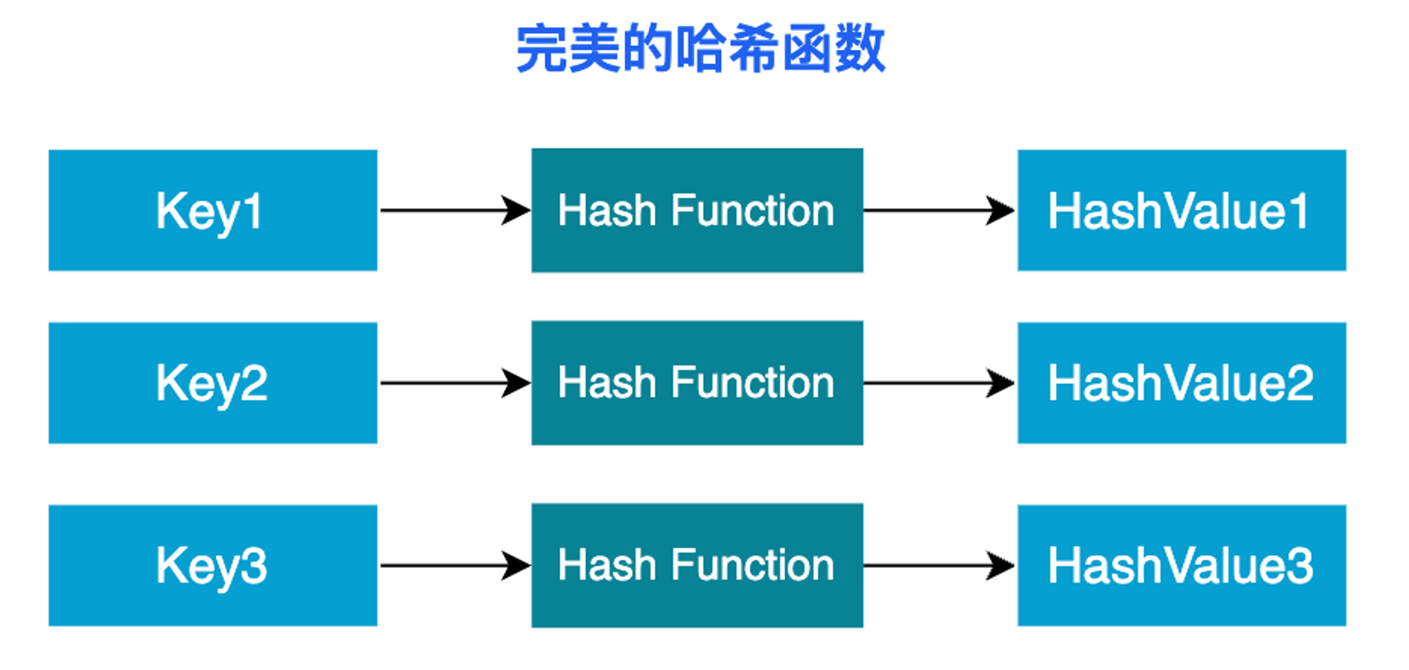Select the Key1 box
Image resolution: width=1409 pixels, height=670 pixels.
coord(213,210)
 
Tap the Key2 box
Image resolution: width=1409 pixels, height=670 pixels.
coord(213,383)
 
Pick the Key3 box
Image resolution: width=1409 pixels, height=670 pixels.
coord(213,565)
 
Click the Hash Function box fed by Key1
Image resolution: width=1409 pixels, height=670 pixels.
coord(697,210)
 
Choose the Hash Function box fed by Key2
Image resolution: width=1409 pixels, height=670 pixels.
coord(697,383)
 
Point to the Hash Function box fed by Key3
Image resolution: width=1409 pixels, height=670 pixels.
coord(697,565)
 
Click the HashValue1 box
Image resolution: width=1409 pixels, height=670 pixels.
coord(1182,210)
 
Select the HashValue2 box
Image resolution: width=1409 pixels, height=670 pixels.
coord(1182,383)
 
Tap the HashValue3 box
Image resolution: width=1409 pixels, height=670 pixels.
coord(1182,565)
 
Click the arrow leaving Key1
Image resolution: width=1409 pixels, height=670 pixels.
coord(455,210)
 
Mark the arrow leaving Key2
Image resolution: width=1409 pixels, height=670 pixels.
coord(455,383)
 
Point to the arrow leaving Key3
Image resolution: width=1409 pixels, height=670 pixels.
coord(455,565)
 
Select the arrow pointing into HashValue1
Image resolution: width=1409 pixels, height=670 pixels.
coord(940,210)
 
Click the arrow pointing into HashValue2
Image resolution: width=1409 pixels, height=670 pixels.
coord(940,383)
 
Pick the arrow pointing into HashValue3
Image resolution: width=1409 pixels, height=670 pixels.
coord(940,565)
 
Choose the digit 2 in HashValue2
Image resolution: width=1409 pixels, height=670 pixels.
coord(1299,383)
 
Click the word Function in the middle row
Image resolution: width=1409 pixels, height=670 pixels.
coord(752,383)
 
